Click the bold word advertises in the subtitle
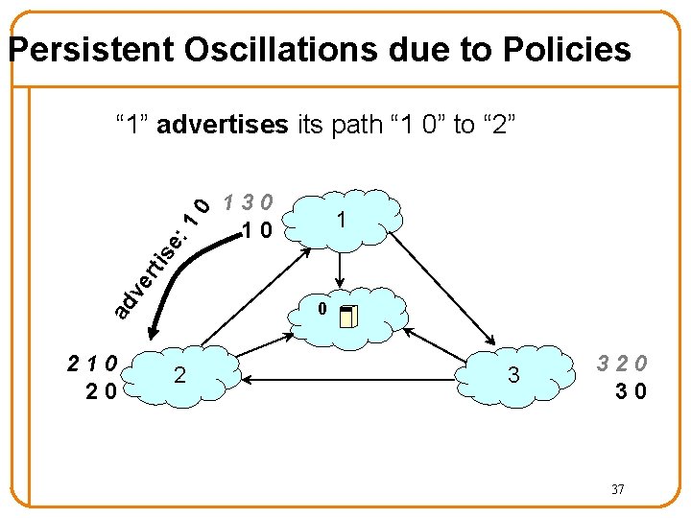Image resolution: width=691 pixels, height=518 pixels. pos(222,125)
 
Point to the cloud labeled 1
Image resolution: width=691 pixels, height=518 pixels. pos(342,220)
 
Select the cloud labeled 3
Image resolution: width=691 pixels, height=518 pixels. pos(513,375)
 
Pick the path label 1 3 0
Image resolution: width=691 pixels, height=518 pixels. pos(249,202)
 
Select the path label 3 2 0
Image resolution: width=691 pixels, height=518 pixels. pos(622,364)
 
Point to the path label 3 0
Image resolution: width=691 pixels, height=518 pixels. pos(631,391)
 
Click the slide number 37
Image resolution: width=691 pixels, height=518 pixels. pos(618,490)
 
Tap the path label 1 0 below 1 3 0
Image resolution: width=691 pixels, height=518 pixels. pos(257,230)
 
